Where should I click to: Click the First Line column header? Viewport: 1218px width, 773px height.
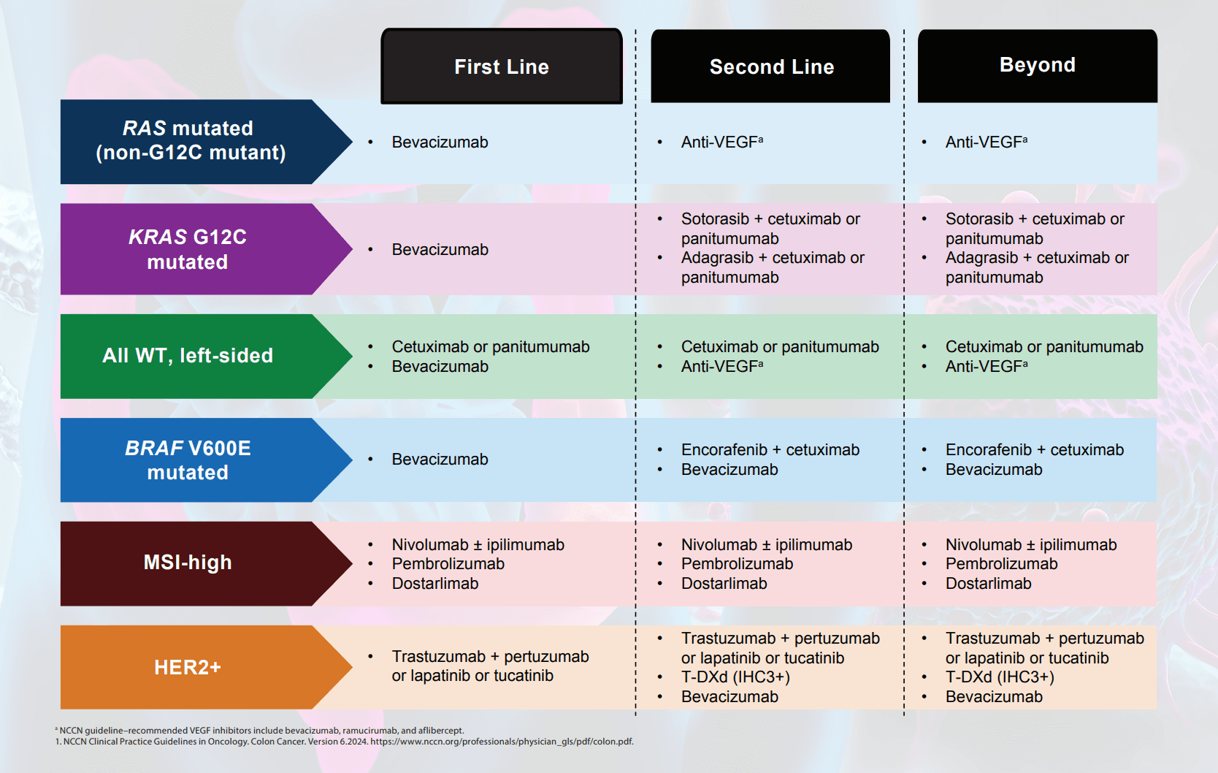point(502,66)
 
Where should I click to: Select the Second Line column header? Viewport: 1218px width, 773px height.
point(770,66)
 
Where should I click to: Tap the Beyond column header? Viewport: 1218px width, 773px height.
point(1038,65)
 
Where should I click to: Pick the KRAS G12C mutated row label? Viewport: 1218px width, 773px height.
point(188,249)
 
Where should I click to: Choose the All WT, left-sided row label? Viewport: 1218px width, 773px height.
point(188,356)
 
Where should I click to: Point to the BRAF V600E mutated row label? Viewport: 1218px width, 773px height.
point(188,460)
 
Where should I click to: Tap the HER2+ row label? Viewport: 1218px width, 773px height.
point(188,668)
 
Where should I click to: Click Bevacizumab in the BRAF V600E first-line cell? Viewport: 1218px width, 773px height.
point(440,460)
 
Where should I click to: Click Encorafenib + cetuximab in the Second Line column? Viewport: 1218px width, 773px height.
point(770,450)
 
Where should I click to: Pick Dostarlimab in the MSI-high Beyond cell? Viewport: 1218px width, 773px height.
point(988,584)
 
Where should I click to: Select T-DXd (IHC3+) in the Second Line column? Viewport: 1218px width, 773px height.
point(735,677)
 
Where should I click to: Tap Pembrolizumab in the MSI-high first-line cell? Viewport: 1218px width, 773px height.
point(448,564)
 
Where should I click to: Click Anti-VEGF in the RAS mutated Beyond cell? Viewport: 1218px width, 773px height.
point(986,142)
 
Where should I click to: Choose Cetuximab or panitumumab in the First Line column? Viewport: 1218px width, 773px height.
point(491,347)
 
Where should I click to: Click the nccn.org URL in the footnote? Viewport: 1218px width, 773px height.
point(502,742)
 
